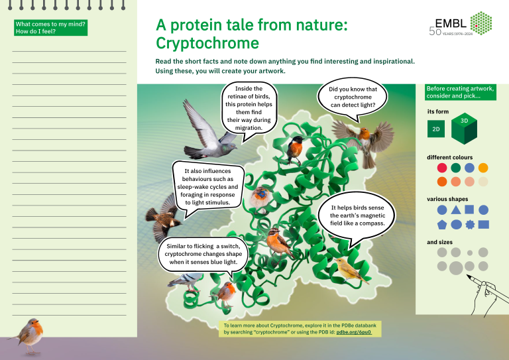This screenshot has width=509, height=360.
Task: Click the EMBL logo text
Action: tap(454, 23)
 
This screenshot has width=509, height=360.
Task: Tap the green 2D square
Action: tap(436, 129)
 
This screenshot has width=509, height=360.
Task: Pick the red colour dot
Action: tap(442, 168)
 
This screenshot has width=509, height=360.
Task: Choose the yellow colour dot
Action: tap(483, 168)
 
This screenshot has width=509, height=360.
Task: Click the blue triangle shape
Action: tap(456, 210)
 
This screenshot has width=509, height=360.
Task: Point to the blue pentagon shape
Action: tap(442, 225)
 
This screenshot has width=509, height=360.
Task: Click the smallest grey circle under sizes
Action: tap(469, 253)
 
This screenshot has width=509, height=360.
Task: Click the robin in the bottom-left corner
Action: tap(30, 333)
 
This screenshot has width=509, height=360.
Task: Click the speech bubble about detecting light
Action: tap(353, 97)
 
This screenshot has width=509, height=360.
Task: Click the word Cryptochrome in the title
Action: tap(206, 44)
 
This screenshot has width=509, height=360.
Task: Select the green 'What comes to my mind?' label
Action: tap(50, 27)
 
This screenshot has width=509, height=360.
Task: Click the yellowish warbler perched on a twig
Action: tap(349, 269)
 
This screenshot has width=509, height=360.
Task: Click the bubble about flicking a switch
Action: tap(198, 254)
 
